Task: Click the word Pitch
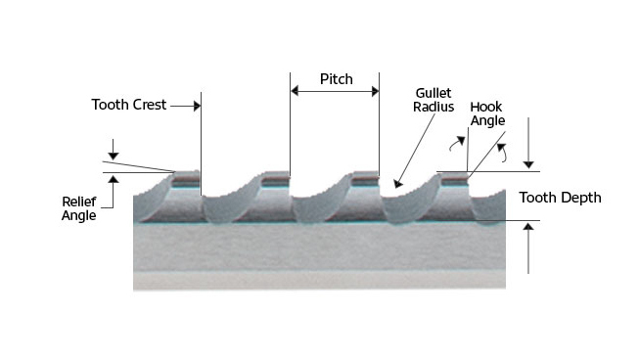point(336,78)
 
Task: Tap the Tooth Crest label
point(129,105)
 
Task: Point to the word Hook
point(486,107)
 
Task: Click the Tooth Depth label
point(560,197)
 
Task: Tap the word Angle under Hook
point(486,122)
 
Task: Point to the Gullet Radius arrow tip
point(395,184)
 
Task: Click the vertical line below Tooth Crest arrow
point(200,147)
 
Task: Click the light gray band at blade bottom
point(319,279)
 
